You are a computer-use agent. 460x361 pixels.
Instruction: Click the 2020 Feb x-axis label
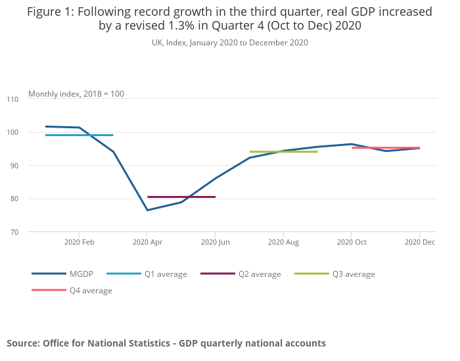(80, 243)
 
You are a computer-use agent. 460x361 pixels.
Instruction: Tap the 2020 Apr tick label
(147, 243)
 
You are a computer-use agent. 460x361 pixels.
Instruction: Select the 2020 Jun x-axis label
(216, 243)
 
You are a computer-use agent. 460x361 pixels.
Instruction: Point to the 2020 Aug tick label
(283, 243)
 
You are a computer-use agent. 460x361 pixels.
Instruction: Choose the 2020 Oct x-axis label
(352, 243)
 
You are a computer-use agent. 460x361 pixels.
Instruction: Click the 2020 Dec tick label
(419, 243)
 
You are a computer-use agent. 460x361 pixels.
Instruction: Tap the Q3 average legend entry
(354, 274)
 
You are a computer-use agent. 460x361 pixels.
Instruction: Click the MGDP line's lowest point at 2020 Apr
(147, 210)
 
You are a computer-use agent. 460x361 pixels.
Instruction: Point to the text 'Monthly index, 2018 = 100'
(76, 94)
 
